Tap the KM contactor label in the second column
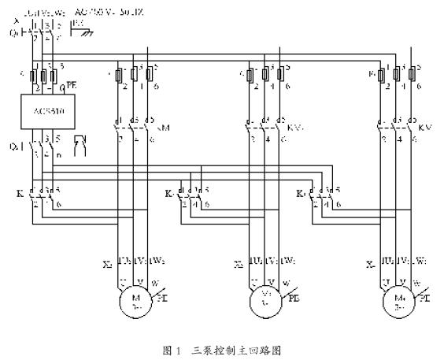pyautogui.click(x=165, y=125)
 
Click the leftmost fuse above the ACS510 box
pyautogui.click(x=31, y=77)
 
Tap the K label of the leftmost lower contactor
pyautogui.click(x=19, y=192)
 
